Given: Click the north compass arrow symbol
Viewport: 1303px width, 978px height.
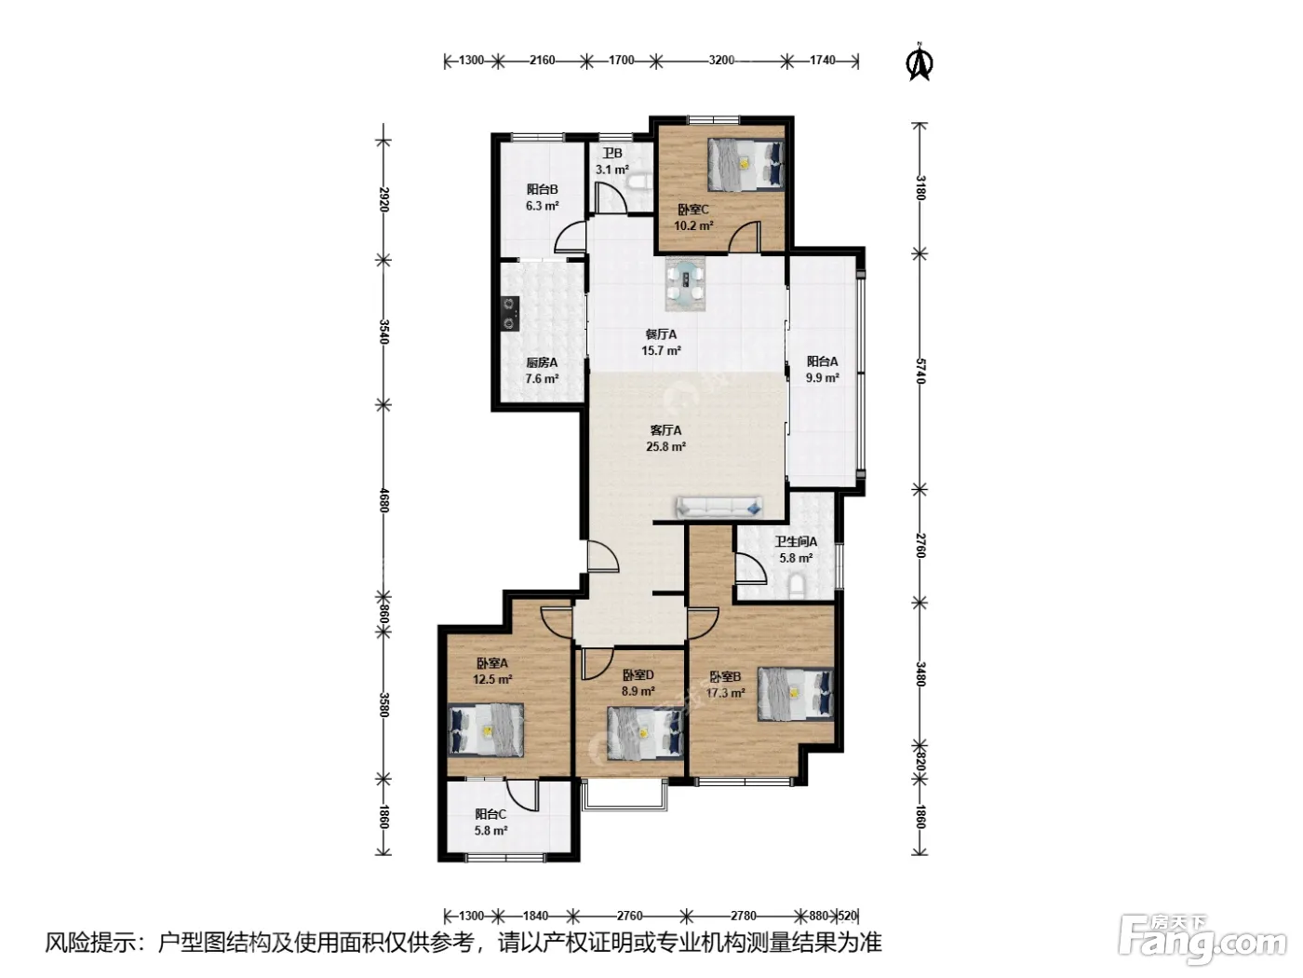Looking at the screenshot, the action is coord(920,61).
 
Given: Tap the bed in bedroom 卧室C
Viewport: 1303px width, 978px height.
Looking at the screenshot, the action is coord(746,165).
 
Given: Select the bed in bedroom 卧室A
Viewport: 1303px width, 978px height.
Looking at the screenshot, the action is coord(486,730).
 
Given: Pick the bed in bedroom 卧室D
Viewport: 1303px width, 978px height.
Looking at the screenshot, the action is coord(645,733).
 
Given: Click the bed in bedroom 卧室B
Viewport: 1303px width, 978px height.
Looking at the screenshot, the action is coord(796,694).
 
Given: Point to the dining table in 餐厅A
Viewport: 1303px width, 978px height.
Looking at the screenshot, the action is coord(686,284).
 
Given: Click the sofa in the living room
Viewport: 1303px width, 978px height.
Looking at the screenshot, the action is coord(719,507).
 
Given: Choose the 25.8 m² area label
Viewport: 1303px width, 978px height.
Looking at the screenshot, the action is coord(666,446).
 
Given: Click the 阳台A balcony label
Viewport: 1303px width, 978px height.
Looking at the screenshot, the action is coord(822,361).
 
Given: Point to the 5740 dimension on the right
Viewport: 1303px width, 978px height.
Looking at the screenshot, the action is coord(920,371).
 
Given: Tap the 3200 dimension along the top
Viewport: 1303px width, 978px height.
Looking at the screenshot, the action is coord(721,60).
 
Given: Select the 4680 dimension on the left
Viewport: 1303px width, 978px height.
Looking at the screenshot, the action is coord(383,500).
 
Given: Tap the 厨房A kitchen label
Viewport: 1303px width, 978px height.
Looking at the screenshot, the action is coord(542,362).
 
